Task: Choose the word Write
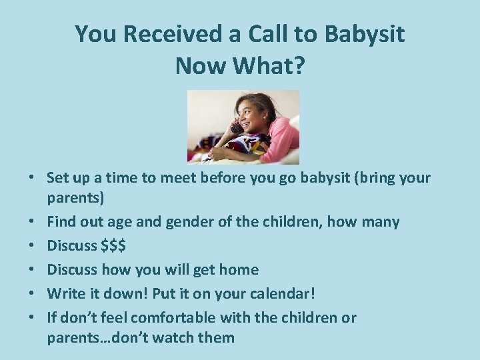(65, 293)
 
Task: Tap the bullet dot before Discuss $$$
(33, 246)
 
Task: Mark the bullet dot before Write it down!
(33, 293)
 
